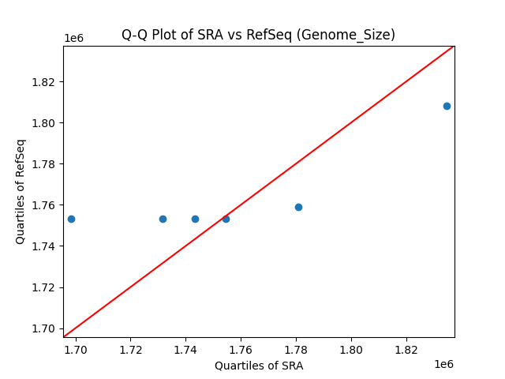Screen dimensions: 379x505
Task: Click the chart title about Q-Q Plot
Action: (x=258, y=35)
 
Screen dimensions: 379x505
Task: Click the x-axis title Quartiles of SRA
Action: (x=259, y=366)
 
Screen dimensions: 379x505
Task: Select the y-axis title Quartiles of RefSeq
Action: (x=21, y=191)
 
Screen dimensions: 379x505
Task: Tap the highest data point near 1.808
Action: (x=447, y=106)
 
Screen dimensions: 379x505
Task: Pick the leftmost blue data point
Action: (x=71, y=219)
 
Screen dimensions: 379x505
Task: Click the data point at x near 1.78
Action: (x=298, y=207)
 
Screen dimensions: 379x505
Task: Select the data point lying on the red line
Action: (x=226, y=219)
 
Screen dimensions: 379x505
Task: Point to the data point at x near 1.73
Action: (x=163, y=219)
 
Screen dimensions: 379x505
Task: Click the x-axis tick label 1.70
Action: (x=76, y=349)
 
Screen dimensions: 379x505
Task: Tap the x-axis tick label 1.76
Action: (x=241, y=349)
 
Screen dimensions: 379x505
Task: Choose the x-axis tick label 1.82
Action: (x=406, y=349)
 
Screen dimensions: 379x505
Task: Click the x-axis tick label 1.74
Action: (x=185, y=349)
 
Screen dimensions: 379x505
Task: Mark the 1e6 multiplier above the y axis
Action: (x=73, y=39)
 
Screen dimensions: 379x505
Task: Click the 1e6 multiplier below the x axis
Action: (x=443, y=364)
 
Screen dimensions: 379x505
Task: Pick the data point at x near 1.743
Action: (x=195, y=219)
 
